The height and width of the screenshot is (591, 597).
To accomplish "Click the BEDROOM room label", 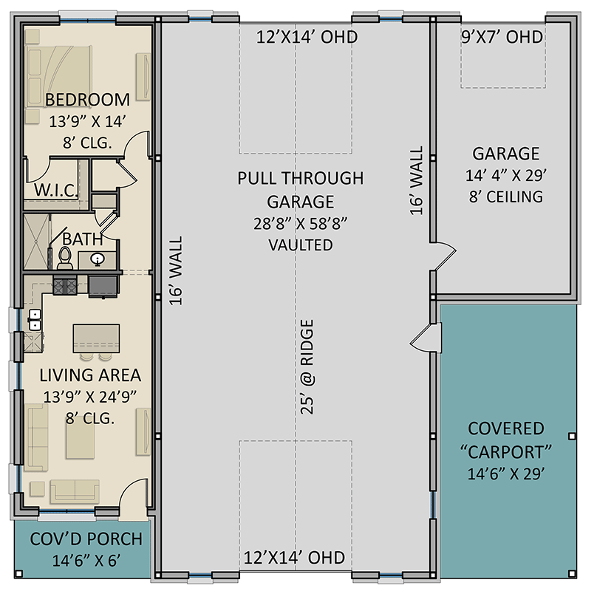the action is pos(87,100).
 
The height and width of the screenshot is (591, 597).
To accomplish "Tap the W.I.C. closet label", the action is pos(56,190).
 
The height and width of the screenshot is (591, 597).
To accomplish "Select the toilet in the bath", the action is pos(65,257).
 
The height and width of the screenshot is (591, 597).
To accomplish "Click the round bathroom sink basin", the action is pos(98,260).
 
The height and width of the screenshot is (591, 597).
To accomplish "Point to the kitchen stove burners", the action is pos(65,286).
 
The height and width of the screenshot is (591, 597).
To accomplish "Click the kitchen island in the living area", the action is pos(96,338).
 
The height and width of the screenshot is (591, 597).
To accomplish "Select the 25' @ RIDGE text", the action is pos(307,366).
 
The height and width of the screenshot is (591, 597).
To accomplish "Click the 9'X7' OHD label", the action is pos(502,37).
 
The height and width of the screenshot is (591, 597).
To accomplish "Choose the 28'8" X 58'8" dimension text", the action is pos(301,224).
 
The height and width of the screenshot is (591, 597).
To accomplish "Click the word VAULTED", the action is pos(301,245).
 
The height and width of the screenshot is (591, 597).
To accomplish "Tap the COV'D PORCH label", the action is pos(86,539).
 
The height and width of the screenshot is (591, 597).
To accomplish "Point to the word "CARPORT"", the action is pos(505,452).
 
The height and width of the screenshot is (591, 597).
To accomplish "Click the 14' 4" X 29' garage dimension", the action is pos(506,176).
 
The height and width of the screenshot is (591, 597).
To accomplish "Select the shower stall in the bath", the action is pos(36,242).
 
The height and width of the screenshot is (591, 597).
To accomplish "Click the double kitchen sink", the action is pos(34,319).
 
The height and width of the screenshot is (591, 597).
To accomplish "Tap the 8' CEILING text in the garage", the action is pos(506,197).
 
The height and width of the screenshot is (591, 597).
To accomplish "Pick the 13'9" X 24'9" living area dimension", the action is pos(90,397).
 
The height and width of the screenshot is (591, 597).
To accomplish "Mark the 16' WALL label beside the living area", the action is pos(176,270).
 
